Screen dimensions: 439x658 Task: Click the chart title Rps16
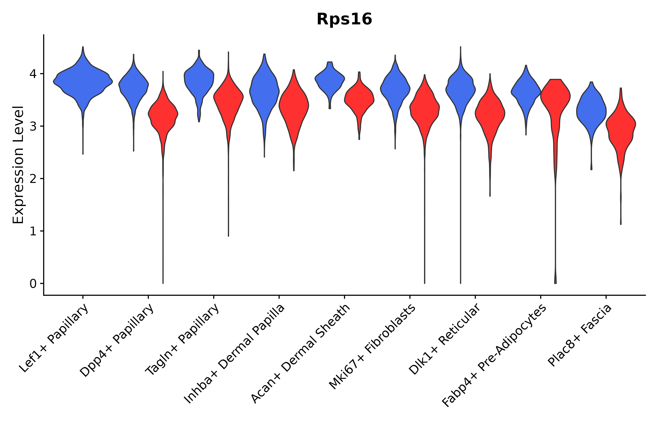(x=344, y=20)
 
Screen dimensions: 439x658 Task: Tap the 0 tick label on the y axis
(x=33, y=284)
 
